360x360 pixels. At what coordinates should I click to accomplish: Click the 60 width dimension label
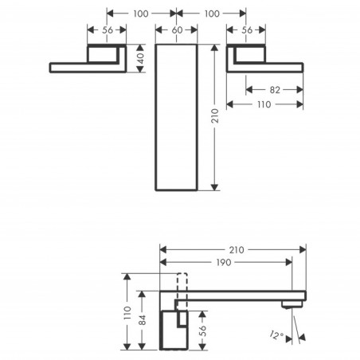coord(177,30)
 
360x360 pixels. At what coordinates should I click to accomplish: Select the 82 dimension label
coord(274,90)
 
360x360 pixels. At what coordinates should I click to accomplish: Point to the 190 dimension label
coord(225,262)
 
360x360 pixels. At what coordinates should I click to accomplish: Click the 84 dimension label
coord(142,320)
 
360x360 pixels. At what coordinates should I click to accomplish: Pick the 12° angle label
coord(275,335)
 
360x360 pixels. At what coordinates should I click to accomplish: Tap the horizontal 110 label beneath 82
coord(265,104)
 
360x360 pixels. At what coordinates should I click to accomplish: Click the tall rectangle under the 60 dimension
coord(177,117)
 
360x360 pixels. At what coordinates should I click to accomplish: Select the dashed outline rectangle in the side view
coord(178,288)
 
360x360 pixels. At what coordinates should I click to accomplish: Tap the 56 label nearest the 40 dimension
coord(106,30)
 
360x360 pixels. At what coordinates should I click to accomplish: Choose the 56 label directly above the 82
coord(246,30)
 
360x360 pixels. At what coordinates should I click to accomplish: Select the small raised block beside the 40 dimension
coord(106,56)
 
